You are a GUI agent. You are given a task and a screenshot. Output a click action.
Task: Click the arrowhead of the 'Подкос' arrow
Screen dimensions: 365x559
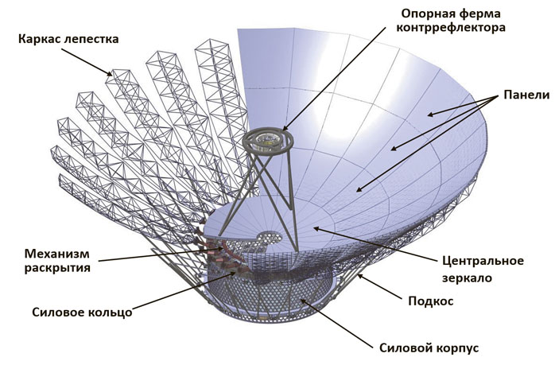point(358,274)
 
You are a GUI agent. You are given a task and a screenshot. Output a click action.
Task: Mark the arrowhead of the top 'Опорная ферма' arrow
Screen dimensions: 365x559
point(280,130)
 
